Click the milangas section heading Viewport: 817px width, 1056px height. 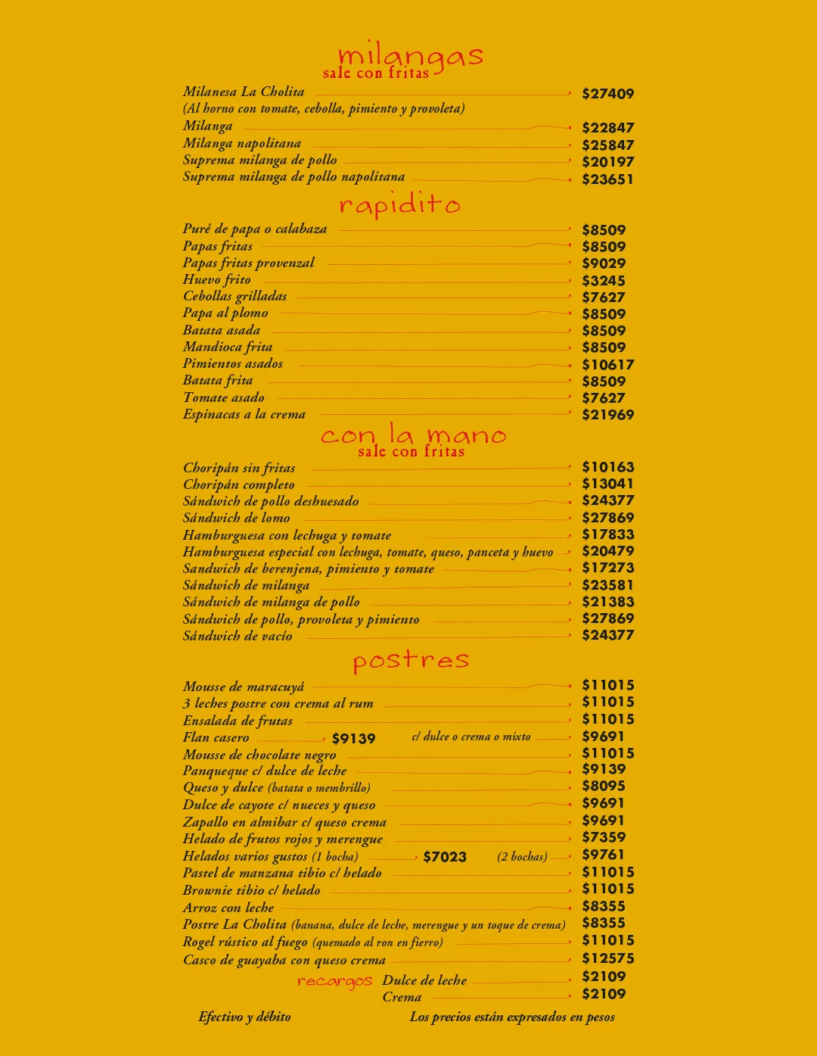[x=410, y=56]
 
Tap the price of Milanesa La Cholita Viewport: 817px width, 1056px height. [x=607, y=94]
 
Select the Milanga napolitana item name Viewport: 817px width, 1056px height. [x=242, y=144]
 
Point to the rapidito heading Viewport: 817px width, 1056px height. [x=399, y=204]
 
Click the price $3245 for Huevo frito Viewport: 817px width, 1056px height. [x=603, y=281]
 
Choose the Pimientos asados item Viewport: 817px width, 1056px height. [x=233, y=364]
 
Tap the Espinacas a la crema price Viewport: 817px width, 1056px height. [x=607, y=415]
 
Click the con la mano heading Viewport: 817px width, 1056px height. [x=413, y=435]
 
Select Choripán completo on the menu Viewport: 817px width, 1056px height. [x=239, y=484]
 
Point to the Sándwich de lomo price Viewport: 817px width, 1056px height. [x=607, y=518]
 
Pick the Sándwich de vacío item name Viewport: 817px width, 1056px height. [x=238, y=636]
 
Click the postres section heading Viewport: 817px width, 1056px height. [x=411, y=660]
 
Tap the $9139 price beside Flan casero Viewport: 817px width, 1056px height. [x=353, y=739]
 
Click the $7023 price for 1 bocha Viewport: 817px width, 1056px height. [x=445, y=857]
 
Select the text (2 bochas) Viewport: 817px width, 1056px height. [x=522, y=857]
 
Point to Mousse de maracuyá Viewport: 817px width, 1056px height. [x=244, y=687]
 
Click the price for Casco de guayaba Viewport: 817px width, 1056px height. [x=607, y=958]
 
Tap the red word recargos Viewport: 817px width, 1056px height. [x=334, y=981]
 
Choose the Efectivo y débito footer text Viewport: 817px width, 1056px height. [x=244, y=1017]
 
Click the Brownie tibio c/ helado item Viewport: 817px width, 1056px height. [x=252, y=890]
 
